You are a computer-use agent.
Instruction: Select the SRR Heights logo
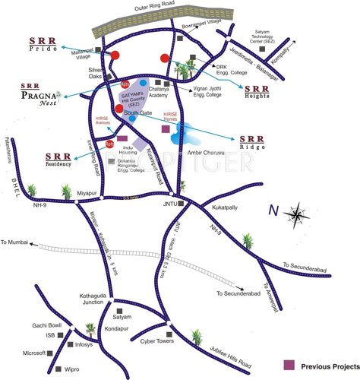(260, 91)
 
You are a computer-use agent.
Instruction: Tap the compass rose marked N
(297, 215)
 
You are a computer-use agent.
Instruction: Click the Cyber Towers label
(157, 341)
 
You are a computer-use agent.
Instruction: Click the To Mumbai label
(14, 241)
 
